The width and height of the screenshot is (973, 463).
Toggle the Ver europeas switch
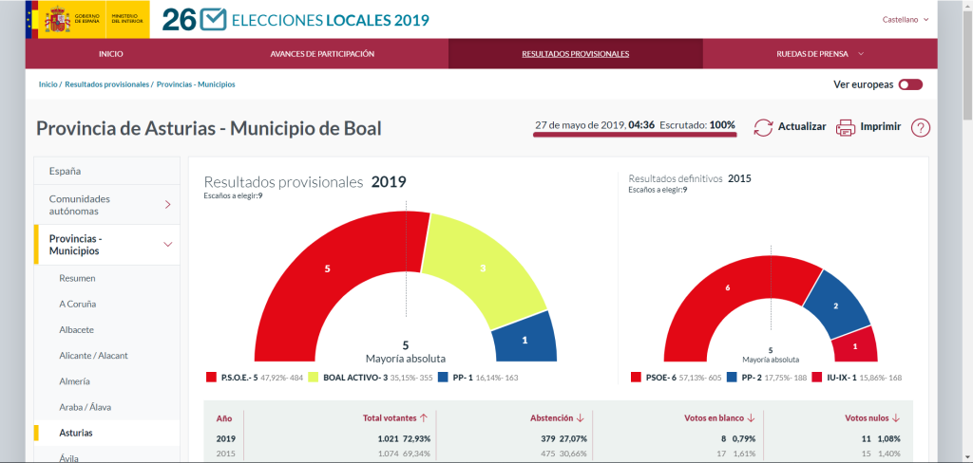pyautogui.click(x=910, y=84)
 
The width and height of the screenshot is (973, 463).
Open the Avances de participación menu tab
pyautogui.click(x=322, y=54)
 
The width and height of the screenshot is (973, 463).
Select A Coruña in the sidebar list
pyautogui.click(x=78, y=304)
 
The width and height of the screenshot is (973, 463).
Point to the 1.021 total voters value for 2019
pyautogui.click(x=391, y=439)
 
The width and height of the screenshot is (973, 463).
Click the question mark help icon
pyautogui.click(x=920, y=127)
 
